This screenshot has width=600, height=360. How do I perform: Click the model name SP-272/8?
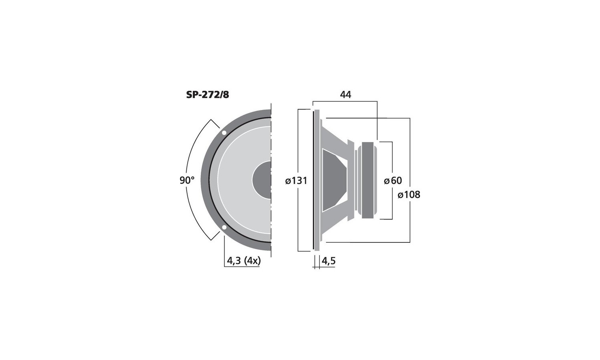(x=208, y=95)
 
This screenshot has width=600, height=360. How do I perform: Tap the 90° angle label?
(x=187, y=180)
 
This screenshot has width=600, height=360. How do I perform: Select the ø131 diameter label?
(x=296, y=181)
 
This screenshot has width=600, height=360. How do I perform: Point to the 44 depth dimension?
(x=346, y=94)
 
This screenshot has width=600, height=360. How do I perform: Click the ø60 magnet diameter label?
(x=393, y=180)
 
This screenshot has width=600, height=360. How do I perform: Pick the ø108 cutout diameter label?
(x=409, y=194)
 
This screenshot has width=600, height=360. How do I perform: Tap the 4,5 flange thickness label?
(x=328, y=261)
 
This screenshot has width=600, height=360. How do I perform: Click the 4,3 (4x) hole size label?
(x=244, y=261)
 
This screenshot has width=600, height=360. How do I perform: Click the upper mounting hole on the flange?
(x=224, y=132)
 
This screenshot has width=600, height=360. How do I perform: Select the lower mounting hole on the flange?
(x=224, y=228)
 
